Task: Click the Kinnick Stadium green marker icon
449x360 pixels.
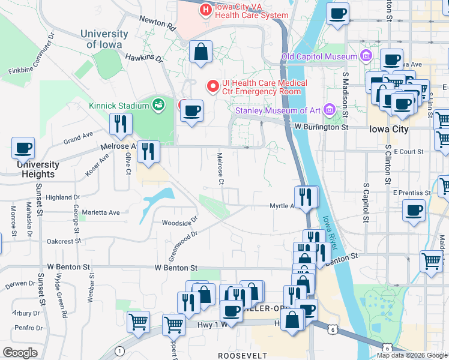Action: (158, 106)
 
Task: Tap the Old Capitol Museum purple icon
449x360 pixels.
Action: (366, 57)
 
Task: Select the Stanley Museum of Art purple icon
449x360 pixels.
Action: (328, 110)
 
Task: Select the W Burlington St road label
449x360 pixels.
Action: (321, 127)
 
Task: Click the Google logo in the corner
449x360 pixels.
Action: (20, 352)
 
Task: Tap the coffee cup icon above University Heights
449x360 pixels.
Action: (23, 148)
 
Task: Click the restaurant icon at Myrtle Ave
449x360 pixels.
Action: (306, 196)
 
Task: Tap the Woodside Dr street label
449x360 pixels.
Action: (179, 222)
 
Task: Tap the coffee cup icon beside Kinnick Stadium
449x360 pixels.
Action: (192, 110)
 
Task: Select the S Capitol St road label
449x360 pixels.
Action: (366, 203)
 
